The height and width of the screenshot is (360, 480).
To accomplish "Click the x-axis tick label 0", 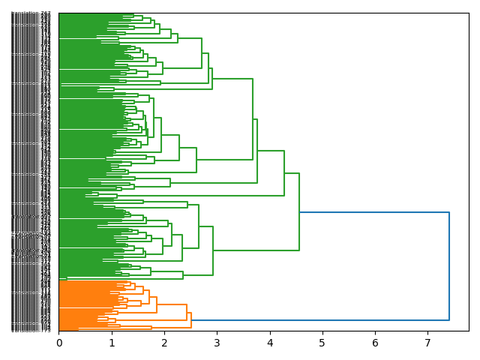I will click(59, 343).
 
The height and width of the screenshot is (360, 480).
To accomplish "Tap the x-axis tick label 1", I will click(112, 343).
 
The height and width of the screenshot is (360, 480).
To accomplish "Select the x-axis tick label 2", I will click(164, 343).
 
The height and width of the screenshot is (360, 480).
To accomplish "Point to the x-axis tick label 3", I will click(217, 343).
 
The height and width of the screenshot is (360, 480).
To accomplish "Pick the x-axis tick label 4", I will click(270, 343).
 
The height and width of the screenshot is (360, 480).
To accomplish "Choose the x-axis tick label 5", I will click(322, 343).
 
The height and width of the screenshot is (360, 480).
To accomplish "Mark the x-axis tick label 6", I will click(375, 343).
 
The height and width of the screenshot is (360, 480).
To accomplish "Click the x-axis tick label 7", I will click(427, 343).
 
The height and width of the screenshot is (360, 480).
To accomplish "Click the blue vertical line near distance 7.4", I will click(449, 266).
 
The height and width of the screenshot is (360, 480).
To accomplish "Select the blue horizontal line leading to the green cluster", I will click(375, 212).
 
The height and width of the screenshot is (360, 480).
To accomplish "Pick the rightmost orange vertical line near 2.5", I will click(191, 320).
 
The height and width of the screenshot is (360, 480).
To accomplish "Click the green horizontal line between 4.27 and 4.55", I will click(292, 173).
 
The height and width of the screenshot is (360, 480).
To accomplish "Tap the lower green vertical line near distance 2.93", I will click(213, 250).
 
